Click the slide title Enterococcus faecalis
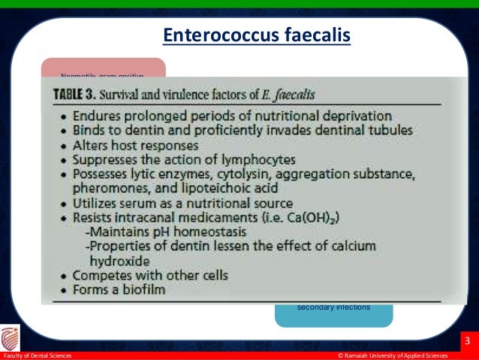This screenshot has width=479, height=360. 257,36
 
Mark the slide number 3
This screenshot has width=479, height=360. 468,343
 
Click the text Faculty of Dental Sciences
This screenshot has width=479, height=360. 38,355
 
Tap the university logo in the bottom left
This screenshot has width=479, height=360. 13,337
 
